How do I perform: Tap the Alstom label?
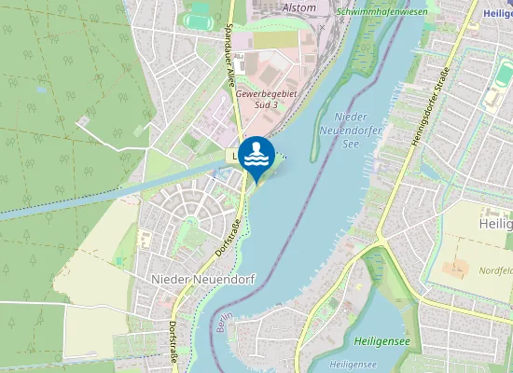(298, 7)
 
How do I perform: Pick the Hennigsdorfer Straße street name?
(428, 108)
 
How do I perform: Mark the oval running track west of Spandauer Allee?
(198, 19)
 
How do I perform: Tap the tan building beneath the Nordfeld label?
(456, 269)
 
